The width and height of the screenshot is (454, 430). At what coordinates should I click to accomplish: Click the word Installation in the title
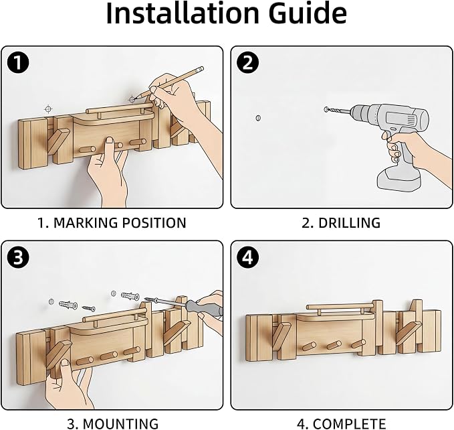point(183,13)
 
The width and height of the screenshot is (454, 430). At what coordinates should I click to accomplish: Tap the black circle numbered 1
point(18,62)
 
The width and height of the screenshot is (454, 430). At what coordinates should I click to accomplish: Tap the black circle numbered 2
point(247,62)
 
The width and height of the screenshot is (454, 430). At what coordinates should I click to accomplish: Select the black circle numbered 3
point(18,257)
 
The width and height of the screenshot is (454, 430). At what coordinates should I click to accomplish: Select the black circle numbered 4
point(247,257)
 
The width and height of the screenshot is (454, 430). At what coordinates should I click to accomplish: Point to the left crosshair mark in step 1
point(48,109)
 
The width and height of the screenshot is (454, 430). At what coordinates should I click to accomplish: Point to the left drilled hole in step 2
point(258,118)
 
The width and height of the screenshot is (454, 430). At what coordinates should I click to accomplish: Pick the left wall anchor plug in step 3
point(68,305)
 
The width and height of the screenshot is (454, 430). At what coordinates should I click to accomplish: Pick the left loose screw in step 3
point(88,308)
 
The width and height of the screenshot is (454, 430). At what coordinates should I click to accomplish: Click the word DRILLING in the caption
point(349,222)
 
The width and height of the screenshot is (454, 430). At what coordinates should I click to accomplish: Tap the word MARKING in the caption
point(85,222)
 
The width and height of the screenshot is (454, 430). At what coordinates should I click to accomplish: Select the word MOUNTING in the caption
point(121,423)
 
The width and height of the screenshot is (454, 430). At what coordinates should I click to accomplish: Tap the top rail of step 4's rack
point(340,306)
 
